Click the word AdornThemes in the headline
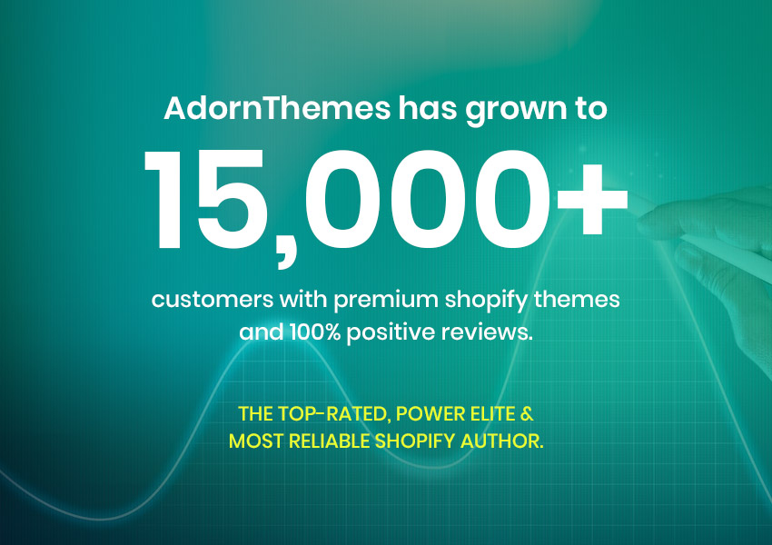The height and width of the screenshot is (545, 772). (x=277, y=108)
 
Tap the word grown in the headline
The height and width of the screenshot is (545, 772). (x=517, y=111)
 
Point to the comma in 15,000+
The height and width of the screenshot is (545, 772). (x=285, y=251)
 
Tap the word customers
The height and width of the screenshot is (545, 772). (x=213, y=300)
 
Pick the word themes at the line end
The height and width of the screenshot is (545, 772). (x=577, y=299)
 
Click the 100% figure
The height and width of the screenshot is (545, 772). (x=314, y=332)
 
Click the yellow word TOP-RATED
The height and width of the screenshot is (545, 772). (x=334, y=414)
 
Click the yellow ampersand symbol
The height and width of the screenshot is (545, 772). (x=527, y=414)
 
